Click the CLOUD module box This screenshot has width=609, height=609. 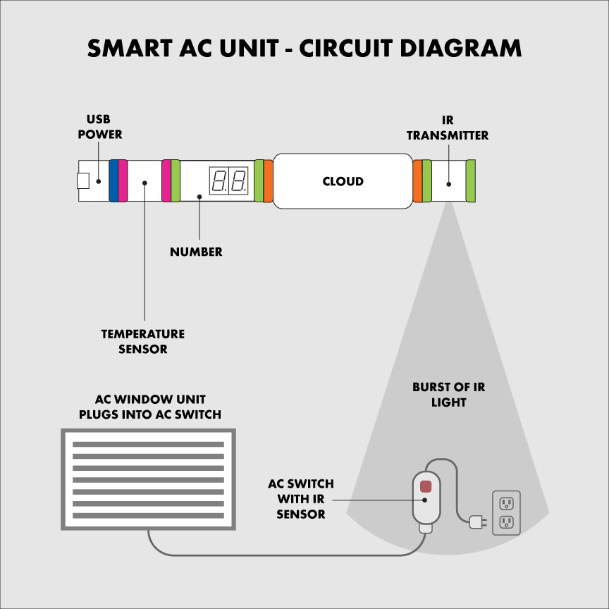click(x=343, y=181)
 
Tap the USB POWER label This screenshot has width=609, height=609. click(x=104, y=126)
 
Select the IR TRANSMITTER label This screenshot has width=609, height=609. click(x=447, y=128)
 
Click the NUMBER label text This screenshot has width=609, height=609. click(x=196, y=252)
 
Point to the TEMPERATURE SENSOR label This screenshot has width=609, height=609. click(x=143, y=341)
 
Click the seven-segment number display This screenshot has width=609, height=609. click(x=228, y=182)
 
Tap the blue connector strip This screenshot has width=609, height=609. click(x=113, y=181)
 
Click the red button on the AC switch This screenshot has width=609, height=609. click(x=425, y=486)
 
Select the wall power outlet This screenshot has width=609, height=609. click(x=506, y=512)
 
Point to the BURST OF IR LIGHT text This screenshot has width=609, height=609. click(x=449, y=395)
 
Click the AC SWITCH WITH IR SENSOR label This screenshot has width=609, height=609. click(x=301, y=499)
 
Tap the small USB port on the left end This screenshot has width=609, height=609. click(x=83, y=181)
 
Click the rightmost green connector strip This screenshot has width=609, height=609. click(x=470, y=181)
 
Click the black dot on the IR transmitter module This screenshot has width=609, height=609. click(x=448, y=184)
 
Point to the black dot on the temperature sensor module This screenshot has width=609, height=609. click(x=144, y=183)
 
